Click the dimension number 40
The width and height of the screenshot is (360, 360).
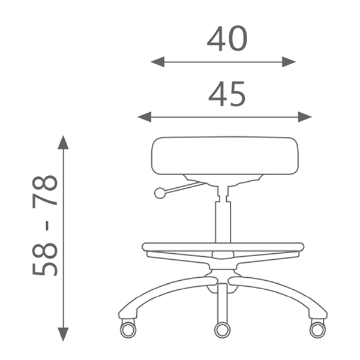[227, 38]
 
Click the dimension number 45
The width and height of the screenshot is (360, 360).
[227, 94]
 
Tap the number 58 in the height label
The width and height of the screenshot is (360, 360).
[45, 259]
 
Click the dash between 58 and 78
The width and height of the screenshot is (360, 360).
[47, 226]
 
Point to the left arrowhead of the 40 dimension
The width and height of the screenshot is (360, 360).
[157, 62]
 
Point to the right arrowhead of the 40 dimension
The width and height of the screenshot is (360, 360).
[289, 62]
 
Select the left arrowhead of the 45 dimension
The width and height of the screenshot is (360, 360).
[145, 117]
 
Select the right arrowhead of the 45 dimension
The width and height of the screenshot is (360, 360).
[305, 117]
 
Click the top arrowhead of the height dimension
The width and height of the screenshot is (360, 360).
[63, 142]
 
